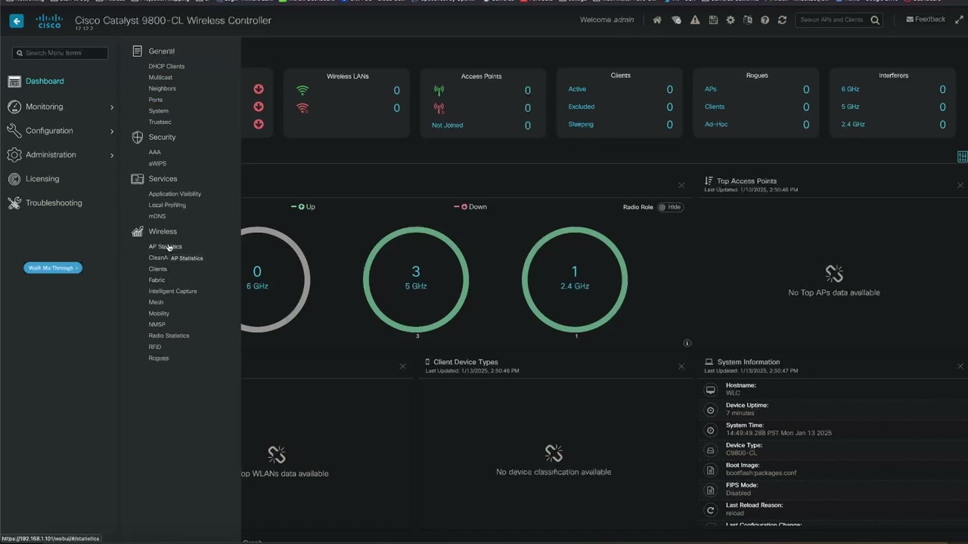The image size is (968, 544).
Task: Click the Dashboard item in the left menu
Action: click(45, 81)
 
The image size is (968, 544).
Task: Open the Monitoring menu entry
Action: click(44, 107)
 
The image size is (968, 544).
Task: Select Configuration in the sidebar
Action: click(49, 131)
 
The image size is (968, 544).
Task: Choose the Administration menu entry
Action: click(51, 155)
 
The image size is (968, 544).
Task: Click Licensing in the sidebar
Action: click(42, 179)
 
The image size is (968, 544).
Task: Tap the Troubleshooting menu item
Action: click(54, 203)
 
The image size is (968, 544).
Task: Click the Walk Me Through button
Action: click(52, 268)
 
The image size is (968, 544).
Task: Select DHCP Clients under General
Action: click(166, 66)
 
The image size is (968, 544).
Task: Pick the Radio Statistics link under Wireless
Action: click(169, 335)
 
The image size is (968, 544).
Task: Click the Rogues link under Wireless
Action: click(159, 358)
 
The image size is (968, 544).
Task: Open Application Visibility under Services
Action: click(175, 194)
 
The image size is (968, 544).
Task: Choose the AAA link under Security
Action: click(155, 152)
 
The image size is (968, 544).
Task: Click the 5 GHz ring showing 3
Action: click(416, 278)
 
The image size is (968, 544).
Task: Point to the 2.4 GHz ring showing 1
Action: click(575, 278)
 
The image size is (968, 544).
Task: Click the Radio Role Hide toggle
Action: click(670, 207)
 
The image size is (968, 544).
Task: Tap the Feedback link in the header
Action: click(926, 20)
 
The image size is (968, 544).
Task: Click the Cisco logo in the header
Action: click(49, 21)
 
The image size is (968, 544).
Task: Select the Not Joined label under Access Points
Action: click(447, 125)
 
